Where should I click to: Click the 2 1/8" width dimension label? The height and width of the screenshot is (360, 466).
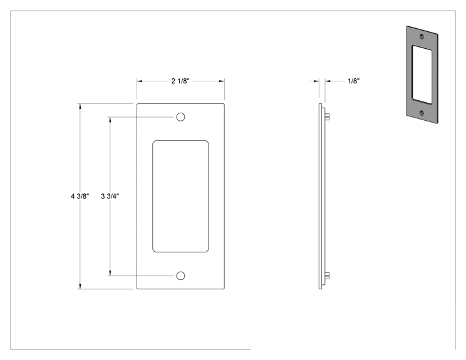tap(180, 81)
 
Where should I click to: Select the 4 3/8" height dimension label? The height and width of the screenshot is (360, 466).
tap(80, 196)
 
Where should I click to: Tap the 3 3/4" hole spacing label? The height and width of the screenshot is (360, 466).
tap(110, 196)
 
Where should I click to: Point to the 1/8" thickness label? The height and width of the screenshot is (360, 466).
tap(354, 81)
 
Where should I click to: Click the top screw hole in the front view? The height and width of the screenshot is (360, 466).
tap(180, 117)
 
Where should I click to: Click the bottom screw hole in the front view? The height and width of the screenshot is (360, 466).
tap(180, 275)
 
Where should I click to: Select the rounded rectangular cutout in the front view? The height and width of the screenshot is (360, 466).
tap(180, 197)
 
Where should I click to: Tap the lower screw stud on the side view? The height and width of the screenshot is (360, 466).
tap(327, 276)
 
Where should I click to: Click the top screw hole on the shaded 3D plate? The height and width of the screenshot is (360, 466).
tap(422, 36)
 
